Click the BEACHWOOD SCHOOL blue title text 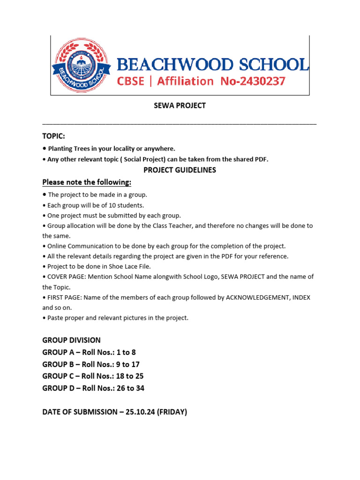click(x=212, y=64)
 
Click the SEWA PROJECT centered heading click(x=180, y=106)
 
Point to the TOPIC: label click(x=53, y=136)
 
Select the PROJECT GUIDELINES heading click(x=180, y=170)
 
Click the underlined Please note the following click(x=87, y=182)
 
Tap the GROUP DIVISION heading click(x=71, y=340)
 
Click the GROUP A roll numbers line click(x=89, y=352)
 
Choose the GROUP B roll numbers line click(x=91, y=364)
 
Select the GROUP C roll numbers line click(x=93, y=376)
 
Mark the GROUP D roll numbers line click(x=93, y=388)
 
